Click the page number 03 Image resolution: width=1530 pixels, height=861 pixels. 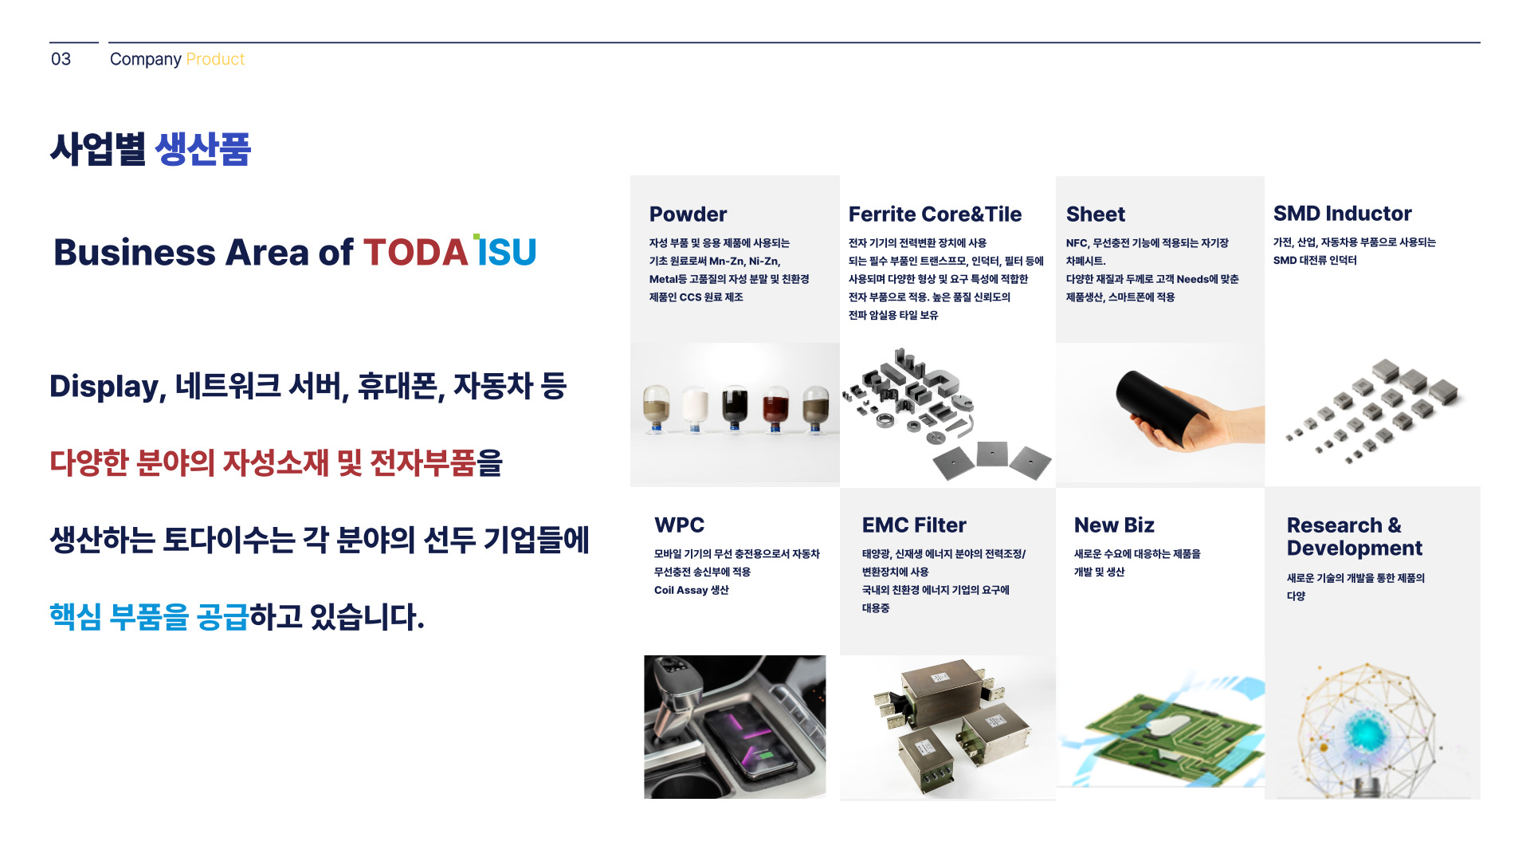61,59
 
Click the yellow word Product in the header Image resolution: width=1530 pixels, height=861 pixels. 215,59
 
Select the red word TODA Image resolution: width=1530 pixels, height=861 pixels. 415,252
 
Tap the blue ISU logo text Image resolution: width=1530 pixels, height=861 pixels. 505,251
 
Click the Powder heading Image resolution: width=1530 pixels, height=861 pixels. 688,214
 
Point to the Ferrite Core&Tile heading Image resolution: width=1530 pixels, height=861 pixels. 935,214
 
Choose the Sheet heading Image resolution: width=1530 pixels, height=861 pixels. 1096,214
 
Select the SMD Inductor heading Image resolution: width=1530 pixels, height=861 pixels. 1342,213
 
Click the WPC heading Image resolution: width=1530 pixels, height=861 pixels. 679,525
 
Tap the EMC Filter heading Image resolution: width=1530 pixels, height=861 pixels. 914,525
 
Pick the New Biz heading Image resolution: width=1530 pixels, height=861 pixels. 1114,525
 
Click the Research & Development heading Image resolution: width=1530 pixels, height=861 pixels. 1354,537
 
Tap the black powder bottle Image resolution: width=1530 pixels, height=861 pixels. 735,408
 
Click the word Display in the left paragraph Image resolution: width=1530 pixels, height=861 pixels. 108,387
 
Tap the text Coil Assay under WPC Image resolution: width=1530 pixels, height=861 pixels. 681,590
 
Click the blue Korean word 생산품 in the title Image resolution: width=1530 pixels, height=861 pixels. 202,149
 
